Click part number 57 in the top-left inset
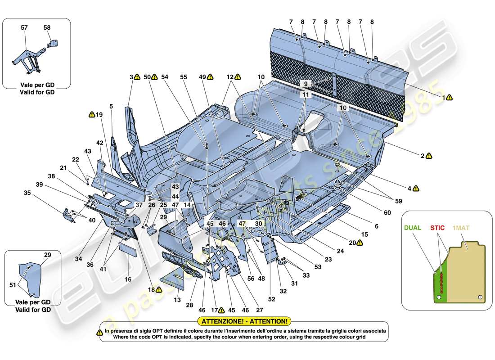(25, 28)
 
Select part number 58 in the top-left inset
(47, 28)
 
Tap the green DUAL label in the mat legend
(412, 228)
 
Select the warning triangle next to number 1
(450, 97)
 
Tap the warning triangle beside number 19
(92, 114)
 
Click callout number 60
(387, 212)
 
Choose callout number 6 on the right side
(376, 226)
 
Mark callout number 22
(76, 159)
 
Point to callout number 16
(128, 279)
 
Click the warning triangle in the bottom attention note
(99, 332)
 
